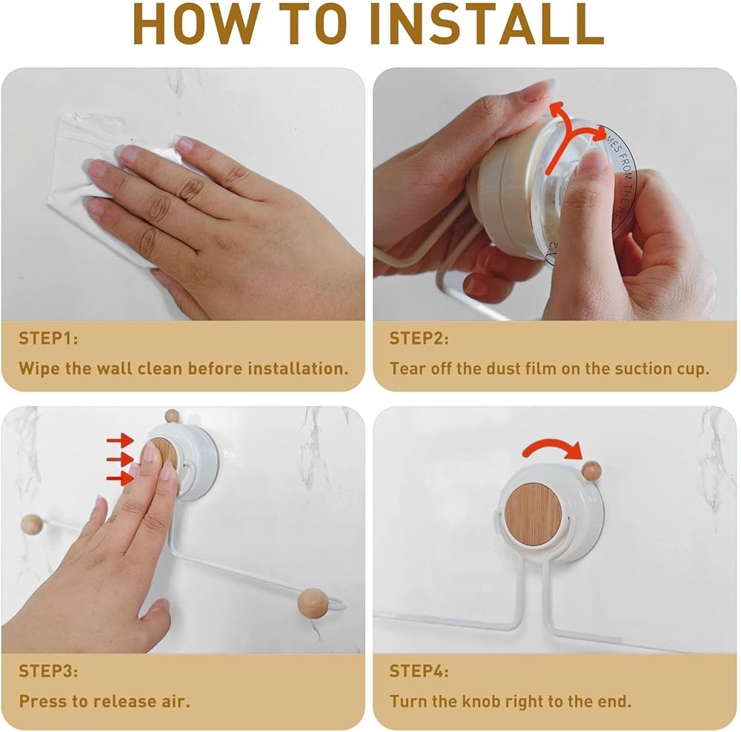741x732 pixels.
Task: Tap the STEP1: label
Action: [48, 338]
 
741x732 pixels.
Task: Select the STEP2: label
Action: [419, 338]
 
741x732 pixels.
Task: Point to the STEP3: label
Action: [48, 671]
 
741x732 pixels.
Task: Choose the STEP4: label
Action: [419, 671]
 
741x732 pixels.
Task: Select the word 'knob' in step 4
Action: [481, 702]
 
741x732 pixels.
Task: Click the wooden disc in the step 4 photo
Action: [534, 512]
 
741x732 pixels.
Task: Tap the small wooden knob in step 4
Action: [591, 471]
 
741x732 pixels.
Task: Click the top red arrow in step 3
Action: [120, 440]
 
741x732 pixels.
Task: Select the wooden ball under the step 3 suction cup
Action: [312, 602]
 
